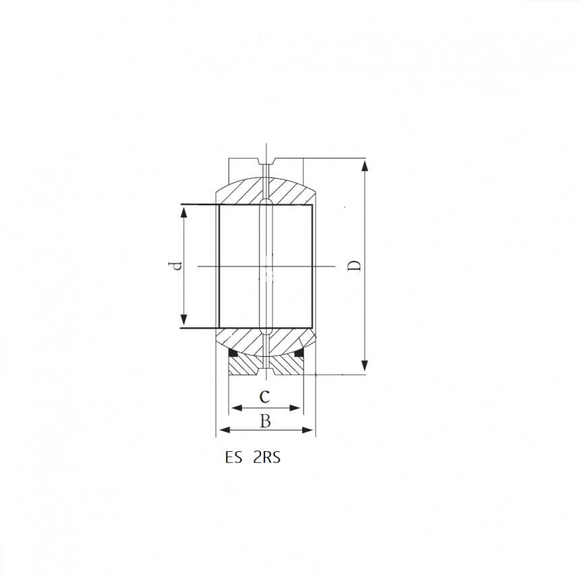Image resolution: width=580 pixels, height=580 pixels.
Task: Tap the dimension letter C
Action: [264, 396]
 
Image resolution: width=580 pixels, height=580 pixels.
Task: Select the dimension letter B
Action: [265, 421]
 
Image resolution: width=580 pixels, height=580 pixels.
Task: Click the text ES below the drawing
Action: [233, 457]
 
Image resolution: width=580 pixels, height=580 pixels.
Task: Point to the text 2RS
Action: [266, 457]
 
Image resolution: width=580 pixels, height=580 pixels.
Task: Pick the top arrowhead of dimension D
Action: [365, 166]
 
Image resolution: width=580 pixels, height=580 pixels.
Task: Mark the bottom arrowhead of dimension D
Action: [365, 365]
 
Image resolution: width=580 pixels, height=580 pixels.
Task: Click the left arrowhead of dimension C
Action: [236, 408]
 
